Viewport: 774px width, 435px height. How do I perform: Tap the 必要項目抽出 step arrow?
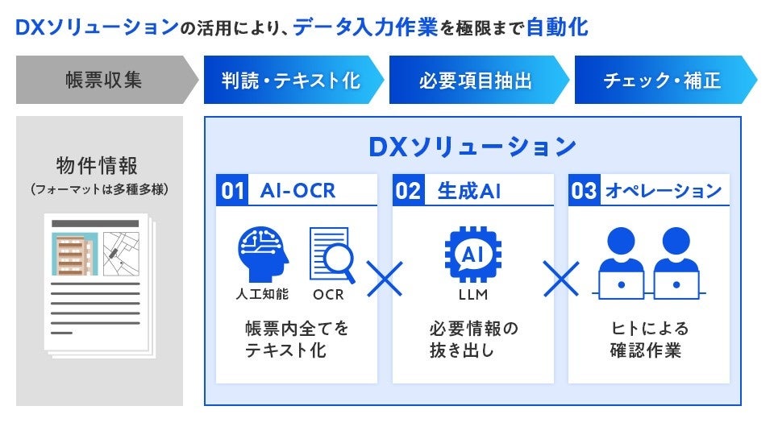[476, 81]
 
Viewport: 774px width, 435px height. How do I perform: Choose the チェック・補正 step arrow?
[661, 81]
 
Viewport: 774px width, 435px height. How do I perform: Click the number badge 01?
[233, 191]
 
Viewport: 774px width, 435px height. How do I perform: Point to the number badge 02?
[409, 191]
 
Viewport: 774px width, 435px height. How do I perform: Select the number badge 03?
[584, 191]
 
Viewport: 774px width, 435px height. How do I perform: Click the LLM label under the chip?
[472, 294]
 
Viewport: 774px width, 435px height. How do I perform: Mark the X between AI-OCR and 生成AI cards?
[385, 279]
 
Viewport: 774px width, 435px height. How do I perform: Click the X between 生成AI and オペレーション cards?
[561, 279]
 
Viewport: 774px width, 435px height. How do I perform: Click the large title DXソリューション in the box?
[472, 147]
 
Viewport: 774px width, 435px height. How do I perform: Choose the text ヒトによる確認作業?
[648, 339]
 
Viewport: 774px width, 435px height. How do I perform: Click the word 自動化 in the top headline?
[556, 29]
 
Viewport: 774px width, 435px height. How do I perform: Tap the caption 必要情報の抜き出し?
[472, 339]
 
